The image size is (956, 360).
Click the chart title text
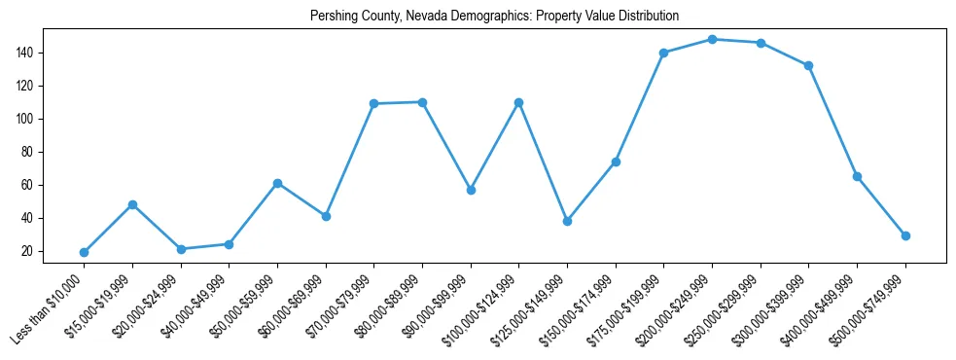click(494, 17)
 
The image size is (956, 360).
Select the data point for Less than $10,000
click(84, 252)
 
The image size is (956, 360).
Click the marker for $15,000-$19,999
click(132, 204)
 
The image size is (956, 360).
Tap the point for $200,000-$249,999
click(712, 39)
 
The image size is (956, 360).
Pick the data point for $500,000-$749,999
click(905, 235)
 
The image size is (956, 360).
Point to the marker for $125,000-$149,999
click(567, 221)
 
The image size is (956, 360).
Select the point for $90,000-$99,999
click(471, 190)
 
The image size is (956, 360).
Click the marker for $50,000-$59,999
click(277, 183)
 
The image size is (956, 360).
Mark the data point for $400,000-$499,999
click(857, 176)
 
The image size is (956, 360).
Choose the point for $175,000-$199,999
click(663, 53)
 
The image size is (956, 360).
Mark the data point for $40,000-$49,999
click(229, 244)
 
